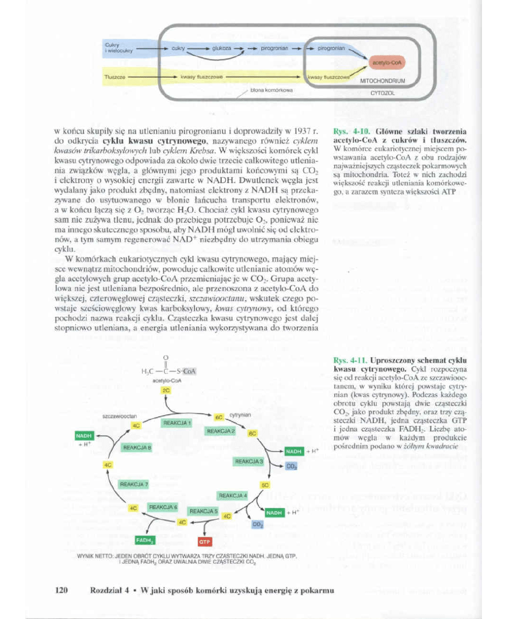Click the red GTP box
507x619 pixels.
tap(204, 542)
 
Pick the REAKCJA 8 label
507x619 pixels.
tap(136, 447)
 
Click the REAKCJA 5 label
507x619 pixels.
tap(204, 511)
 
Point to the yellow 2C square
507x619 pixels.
tap(166, 390)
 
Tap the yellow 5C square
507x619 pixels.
tap(264, 485)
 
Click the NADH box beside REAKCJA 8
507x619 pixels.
tap(84, 435)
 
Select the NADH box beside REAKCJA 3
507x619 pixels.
tap(294, 451)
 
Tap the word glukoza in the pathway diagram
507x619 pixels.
tap(222, 48)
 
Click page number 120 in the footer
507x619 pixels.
tap(62, 590)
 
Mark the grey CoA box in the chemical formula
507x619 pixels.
tap(188, 372)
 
